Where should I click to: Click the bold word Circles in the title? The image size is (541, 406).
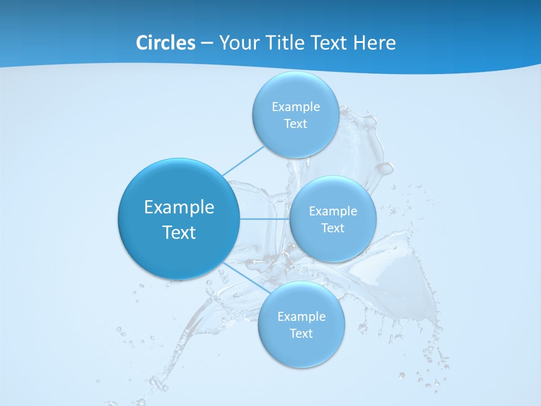click(x=166, y=43)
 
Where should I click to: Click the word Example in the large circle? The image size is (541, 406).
click(x=179, y=208)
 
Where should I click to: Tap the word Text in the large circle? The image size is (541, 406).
click(x=179, y=232)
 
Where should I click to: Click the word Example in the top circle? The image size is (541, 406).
click(x=295, y=107)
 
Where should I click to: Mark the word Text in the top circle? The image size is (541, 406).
click(x=295, y=124)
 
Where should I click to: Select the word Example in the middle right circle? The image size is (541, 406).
click(x=332, y=211)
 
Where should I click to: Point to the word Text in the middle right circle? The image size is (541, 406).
click(x=332, y=228)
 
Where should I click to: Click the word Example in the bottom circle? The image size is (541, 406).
click(x=301, y=317)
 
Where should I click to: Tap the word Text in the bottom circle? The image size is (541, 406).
click(x=301, y=334)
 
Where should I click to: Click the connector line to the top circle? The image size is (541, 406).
click(x=243, y=161)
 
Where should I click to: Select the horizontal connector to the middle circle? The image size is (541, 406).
click(x=264, y=219)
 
